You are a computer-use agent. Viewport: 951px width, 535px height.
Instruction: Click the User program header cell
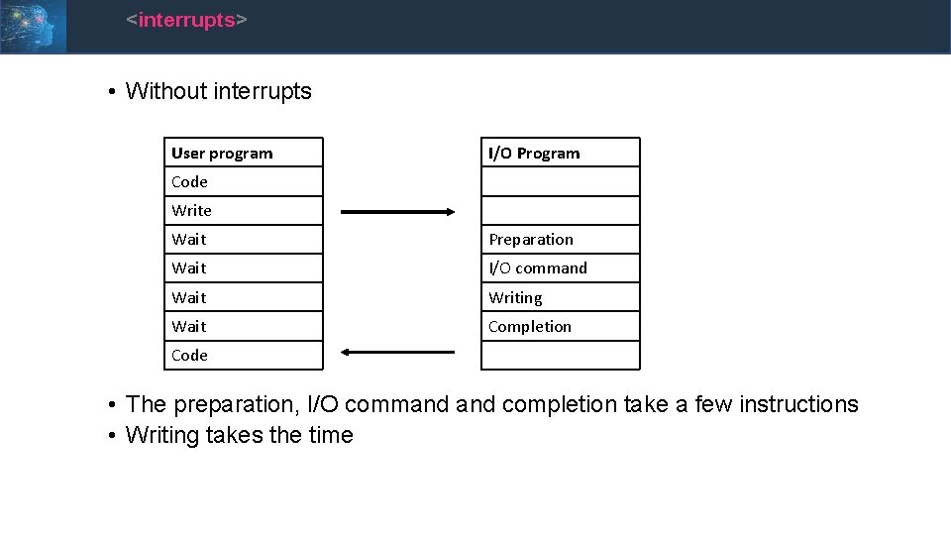[244, 153]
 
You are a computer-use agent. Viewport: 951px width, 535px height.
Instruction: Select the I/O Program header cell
[560, 153]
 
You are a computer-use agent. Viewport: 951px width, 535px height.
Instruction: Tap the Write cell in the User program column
[244, 210]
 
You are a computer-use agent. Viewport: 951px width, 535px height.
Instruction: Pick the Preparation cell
[560, 240]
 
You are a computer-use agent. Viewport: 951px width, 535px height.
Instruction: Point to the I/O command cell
[560, 268]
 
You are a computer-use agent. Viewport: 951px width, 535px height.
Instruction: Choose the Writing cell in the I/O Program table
[560, 297]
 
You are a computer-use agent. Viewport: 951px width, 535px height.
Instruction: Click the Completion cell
[560, 326]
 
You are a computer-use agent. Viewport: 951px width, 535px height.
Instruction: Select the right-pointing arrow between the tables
[397, 211]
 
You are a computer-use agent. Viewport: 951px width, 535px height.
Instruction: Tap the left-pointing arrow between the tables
[397, 352]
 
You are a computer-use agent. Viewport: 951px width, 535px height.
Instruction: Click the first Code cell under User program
[244, 181]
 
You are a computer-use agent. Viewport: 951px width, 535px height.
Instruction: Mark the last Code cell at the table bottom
[244, 355]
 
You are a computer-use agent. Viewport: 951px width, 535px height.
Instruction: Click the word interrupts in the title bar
[187, 20]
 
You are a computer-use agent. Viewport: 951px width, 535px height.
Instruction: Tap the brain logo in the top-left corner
[33, 25]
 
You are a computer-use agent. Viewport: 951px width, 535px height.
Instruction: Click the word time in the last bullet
[331, 435]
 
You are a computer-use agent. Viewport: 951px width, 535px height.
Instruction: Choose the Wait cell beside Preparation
[244, 240]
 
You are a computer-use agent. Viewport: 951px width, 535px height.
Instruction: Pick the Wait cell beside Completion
[244, 326]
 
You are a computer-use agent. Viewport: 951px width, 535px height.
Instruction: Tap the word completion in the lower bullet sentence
[559, 404]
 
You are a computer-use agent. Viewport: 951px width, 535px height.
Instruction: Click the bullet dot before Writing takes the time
[115, 436]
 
